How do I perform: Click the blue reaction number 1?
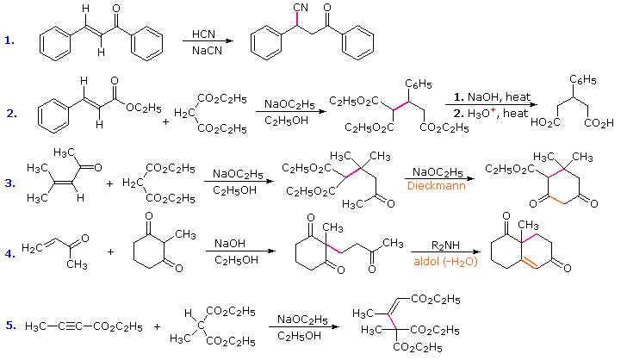(9, 40)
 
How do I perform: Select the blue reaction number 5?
(9, 325)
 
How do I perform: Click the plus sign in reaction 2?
(165, 121)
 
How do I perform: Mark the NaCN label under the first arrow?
(204, 49)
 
